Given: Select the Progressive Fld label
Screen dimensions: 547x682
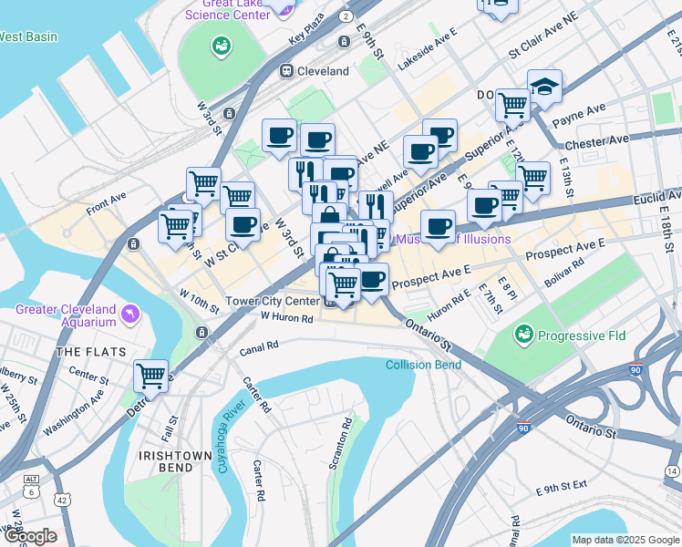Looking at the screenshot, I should click(581, 335).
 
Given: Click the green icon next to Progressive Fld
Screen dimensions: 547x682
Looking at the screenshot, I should click(523, 335).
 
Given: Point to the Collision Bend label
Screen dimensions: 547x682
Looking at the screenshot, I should click(423, 365).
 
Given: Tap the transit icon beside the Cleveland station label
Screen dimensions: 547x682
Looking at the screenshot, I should click(285, 70).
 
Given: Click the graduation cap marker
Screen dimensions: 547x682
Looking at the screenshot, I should click(544, 87).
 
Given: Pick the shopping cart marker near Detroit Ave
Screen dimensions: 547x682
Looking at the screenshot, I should click(150, 374).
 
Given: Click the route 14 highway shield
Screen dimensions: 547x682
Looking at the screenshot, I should click(672, 470).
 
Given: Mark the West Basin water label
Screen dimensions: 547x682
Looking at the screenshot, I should click(27, 37).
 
